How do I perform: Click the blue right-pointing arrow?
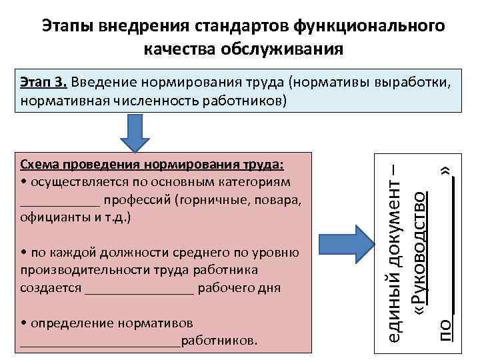click(x=347, y=249)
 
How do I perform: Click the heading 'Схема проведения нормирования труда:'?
click(x=153, y=165)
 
